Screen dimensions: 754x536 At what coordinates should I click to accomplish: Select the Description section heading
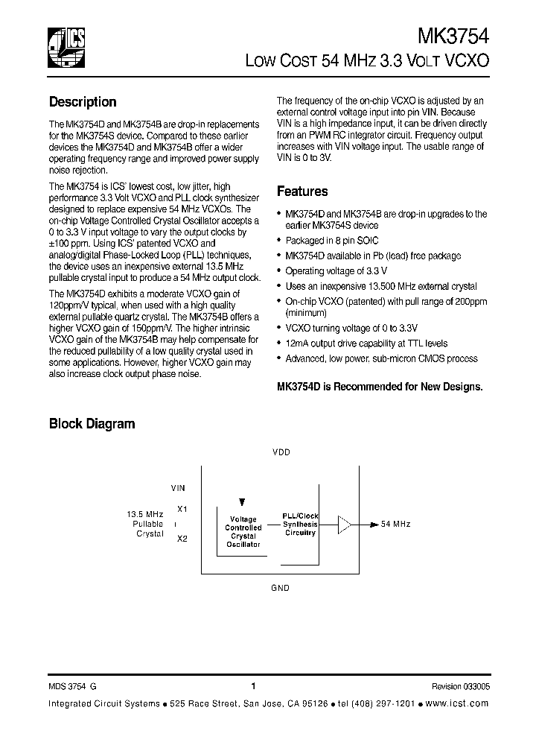[83, 102]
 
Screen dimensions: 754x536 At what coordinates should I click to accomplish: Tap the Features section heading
[302, 191]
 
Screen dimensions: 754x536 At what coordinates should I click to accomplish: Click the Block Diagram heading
[92, 424]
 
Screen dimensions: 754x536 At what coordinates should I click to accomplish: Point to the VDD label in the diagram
[281, 452]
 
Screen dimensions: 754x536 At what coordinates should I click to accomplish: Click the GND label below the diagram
[280, 588]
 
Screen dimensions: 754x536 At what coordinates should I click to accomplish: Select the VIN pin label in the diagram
[178, 488]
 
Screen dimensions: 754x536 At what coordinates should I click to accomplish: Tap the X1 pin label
[182, 510]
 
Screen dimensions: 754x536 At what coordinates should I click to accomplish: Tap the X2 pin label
[182, 538]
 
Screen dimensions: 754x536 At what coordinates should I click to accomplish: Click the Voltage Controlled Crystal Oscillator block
[243, 531]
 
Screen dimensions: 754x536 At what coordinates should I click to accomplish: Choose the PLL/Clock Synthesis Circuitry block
[300, 524]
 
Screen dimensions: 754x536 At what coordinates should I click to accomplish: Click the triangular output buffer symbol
[345, 525]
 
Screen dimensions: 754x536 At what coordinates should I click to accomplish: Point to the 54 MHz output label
[395, 525]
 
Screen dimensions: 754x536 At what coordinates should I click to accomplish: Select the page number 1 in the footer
[254, 686]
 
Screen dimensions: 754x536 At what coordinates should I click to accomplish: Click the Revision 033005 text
[460, 687]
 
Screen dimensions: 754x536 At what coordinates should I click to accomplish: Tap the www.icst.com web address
[460, 704]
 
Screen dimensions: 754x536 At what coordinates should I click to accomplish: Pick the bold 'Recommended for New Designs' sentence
[380, 386]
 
